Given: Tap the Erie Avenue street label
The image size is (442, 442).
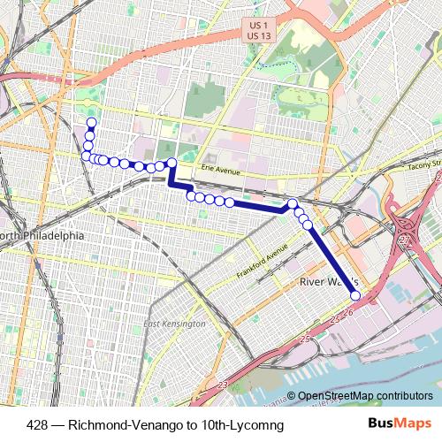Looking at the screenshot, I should tap(220, 169).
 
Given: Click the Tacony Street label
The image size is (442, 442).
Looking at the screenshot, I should tap(423, 164).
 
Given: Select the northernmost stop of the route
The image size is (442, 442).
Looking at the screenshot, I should tap(91, 122).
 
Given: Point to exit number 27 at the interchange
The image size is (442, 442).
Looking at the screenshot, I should tap(406, 239).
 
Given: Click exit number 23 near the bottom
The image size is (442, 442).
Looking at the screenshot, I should tap(222, 384).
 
